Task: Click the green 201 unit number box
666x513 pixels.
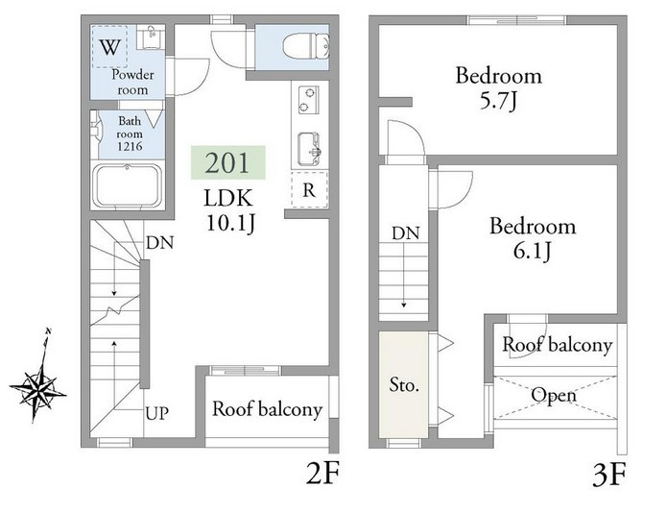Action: (228, 162)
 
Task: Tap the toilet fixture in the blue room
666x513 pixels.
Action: (306, 46)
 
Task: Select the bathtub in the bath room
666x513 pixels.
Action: (129, 185)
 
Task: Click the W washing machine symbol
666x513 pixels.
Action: (110, 47)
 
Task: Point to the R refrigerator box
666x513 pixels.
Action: (310, 189)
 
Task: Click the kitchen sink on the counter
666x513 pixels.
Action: (309, 149)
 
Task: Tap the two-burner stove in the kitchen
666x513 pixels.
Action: (309, 100)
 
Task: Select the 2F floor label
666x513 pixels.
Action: (322, 473)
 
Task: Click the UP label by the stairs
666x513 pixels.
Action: (157, 413)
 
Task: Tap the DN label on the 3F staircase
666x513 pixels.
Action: (406, 232)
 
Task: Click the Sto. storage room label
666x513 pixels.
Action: (404, 385)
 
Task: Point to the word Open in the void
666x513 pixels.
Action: (554, 395)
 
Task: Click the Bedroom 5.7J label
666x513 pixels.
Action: (499, 88)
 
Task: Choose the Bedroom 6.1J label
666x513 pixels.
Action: (533, 238)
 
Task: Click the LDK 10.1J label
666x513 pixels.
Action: (229, 210)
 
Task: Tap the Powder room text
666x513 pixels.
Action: (132, 82)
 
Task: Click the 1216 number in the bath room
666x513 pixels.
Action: (130, 147)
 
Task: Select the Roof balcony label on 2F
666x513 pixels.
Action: (267, 409)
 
